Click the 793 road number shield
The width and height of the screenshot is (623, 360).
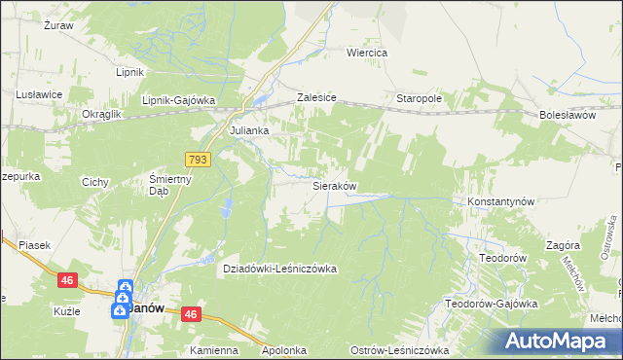(198, 158)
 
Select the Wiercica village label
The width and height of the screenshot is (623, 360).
(368, 53)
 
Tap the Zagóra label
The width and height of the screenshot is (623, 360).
(564, 246)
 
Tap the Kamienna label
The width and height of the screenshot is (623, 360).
(214, 350)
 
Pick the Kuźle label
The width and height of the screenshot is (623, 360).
(66, 312)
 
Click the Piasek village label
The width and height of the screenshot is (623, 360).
(33, 246)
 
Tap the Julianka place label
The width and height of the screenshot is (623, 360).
(248, 129)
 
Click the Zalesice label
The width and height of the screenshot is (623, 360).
(316, 99)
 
